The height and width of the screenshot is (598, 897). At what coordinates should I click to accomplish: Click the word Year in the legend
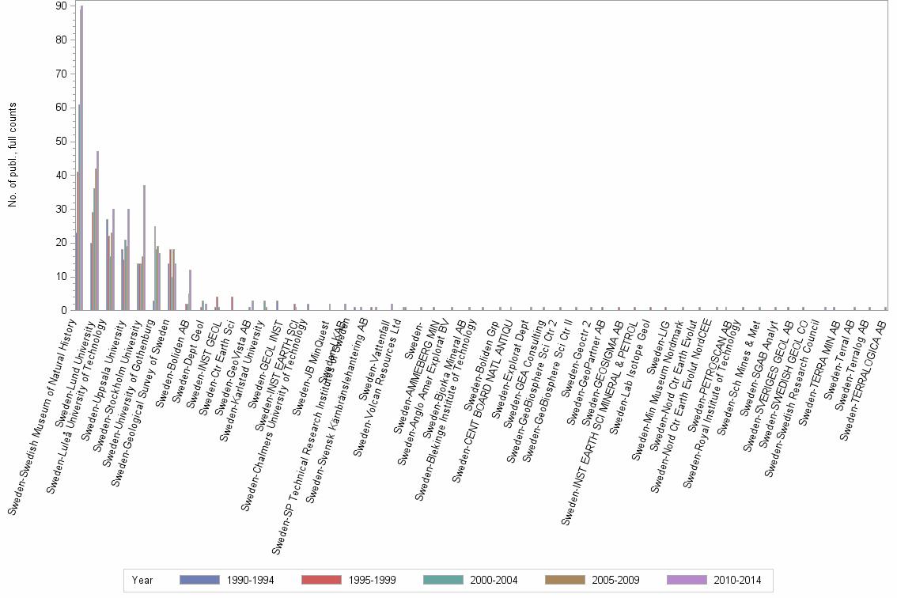(x=143, y=581)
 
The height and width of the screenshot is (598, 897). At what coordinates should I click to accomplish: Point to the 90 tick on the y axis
(x=60, y=6)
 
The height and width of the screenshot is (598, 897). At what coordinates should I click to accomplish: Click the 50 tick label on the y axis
(x=60, y=142)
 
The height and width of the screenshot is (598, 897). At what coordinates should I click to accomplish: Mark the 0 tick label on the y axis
(x=63, y=311)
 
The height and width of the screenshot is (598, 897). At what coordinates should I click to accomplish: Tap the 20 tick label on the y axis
(x=60, y=243)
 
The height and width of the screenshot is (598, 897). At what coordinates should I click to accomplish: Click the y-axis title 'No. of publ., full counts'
(x=13, y=156)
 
